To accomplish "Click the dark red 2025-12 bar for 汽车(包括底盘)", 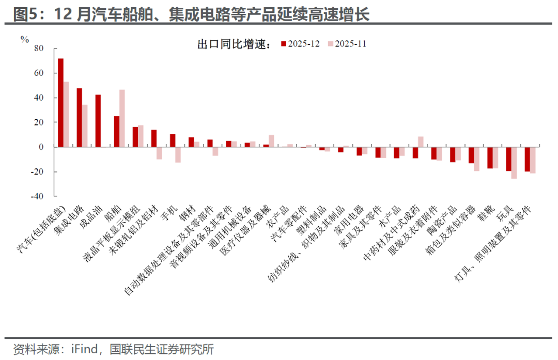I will click(60, 103).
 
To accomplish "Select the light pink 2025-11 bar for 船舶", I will click(122, 118).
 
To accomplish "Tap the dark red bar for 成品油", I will click(98, 121).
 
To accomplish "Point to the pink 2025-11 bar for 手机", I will click(178, 155).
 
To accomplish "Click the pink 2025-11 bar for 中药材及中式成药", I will click(421, 142).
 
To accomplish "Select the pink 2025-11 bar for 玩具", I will click(514, 163).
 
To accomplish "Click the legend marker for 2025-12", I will click(283, 44).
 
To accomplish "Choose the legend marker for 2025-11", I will click(331, 44).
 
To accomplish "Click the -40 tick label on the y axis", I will click(37, 196).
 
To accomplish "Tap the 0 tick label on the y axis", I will click(42, 147).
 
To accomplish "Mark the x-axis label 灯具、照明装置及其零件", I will click(496, 243).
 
